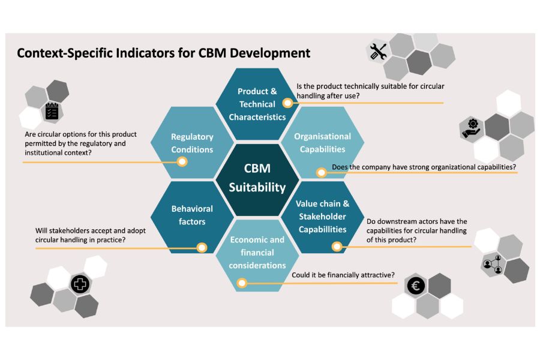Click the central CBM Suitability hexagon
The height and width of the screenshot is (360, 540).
(257, 178)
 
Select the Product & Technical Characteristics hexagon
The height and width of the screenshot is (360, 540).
(257, 103)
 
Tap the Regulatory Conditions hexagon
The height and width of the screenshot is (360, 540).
(192, 143)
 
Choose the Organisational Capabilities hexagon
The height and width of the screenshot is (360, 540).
(322, 142)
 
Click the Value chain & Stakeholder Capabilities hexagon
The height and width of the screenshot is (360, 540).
(322, 216)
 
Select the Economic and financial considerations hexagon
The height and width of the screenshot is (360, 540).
(257, 253)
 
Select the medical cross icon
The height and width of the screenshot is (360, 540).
(80, 284)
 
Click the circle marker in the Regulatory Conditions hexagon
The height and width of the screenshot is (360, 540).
(182, 161)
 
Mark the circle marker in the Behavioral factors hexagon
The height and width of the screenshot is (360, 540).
(202, 247)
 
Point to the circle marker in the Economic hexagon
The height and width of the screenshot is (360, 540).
(242, 283)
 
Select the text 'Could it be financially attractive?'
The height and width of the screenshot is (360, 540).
(343, 275)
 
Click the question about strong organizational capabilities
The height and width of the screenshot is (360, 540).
(424, 166)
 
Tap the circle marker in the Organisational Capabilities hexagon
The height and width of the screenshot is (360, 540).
(321, 173)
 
